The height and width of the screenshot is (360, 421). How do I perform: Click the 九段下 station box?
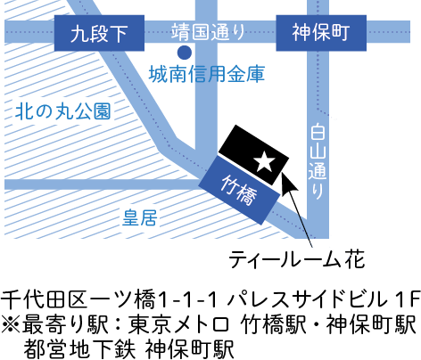[x=99, y=33]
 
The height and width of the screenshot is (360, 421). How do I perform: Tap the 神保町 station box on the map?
[x=321, y=33]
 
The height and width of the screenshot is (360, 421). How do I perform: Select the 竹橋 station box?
[x=239, y=191]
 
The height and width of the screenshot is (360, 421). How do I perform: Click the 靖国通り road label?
[x=208, y=32]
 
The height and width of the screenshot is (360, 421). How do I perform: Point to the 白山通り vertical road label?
[x=318, y=161]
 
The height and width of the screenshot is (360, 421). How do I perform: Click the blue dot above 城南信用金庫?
[x=185, y=53]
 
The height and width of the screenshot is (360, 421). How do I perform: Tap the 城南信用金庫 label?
[x=207, y=74]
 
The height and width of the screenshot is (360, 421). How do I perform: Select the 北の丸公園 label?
[x=63, y=111]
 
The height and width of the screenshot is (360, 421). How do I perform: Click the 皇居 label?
[x=140, y=217]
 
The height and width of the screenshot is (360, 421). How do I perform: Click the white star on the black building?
[x=264, y=161]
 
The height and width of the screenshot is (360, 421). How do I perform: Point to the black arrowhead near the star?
[x=288, y=182]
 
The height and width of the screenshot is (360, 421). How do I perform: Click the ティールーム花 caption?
[x=296, y=259]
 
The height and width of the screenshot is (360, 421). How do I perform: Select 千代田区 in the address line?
[x=44, y=299]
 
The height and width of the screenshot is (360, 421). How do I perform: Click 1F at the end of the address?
[x=408, y=299]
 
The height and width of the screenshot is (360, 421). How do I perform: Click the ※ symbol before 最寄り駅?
[x=11, y=324]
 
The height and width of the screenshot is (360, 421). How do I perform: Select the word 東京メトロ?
[x=178, y=324]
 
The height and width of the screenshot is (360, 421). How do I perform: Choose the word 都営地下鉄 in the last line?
[x=79, y=348]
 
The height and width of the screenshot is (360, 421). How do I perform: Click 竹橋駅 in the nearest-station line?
[x=274, y=324]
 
